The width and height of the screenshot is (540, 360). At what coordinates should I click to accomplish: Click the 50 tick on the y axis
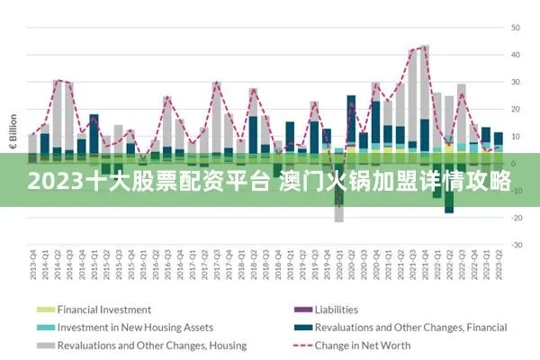pos(517,28)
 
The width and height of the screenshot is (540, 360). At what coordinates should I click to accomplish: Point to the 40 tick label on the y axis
pos(517,55)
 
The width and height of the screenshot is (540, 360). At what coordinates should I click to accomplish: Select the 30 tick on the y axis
pos(517,82)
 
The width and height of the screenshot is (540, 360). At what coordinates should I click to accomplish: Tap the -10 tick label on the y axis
pos(517,191)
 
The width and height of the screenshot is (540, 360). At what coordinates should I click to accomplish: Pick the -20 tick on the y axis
pos(517,218)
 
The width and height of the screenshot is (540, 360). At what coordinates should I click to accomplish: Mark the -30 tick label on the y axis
pos(517,245)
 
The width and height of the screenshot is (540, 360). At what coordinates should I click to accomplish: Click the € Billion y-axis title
pos(13,131)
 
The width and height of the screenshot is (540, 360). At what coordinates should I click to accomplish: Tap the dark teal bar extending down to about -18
pos(449,205)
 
